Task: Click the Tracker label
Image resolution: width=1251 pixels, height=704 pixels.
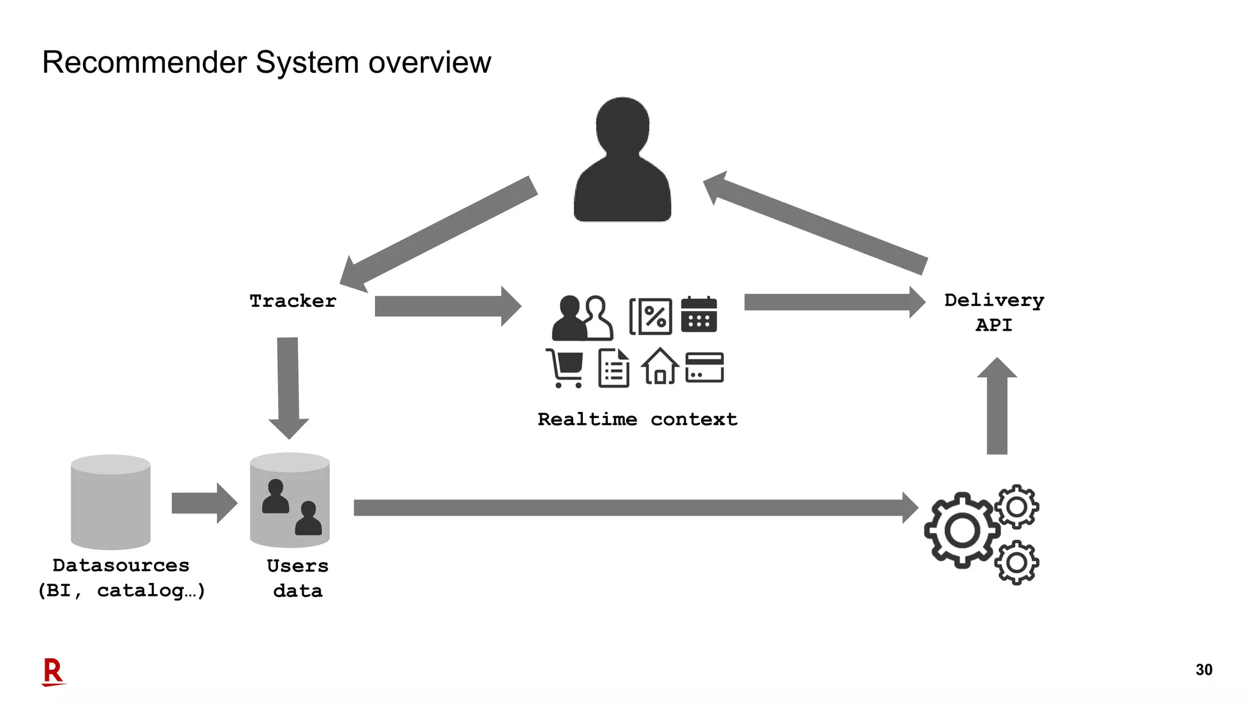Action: (293, 301)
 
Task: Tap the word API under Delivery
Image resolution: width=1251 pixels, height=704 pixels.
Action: (994, 325)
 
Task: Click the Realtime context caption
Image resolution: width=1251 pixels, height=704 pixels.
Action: (637, 419)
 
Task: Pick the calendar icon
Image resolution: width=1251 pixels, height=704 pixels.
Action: (699, 315)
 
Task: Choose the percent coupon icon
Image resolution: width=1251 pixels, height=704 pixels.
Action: (651, 317)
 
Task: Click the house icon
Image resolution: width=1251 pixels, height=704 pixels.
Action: (660, 367)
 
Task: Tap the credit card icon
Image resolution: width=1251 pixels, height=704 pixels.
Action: (704, 367)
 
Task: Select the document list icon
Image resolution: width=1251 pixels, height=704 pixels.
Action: (614, 368)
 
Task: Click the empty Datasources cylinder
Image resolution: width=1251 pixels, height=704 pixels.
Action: (111, 502)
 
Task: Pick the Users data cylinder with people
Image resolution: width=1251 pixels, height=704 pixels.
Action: (290, 501)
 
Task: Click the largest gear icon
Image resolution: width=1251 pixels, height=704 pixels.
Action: (962, 530)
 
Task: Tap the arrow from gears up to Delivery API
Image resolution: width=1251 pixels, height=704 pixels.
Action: (997, 406)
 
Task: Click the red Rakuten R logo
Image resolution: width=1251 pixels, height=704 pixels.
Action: (53, 672)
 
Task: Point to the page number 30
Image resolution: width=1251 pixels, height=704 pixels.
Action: (1203, 670)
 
